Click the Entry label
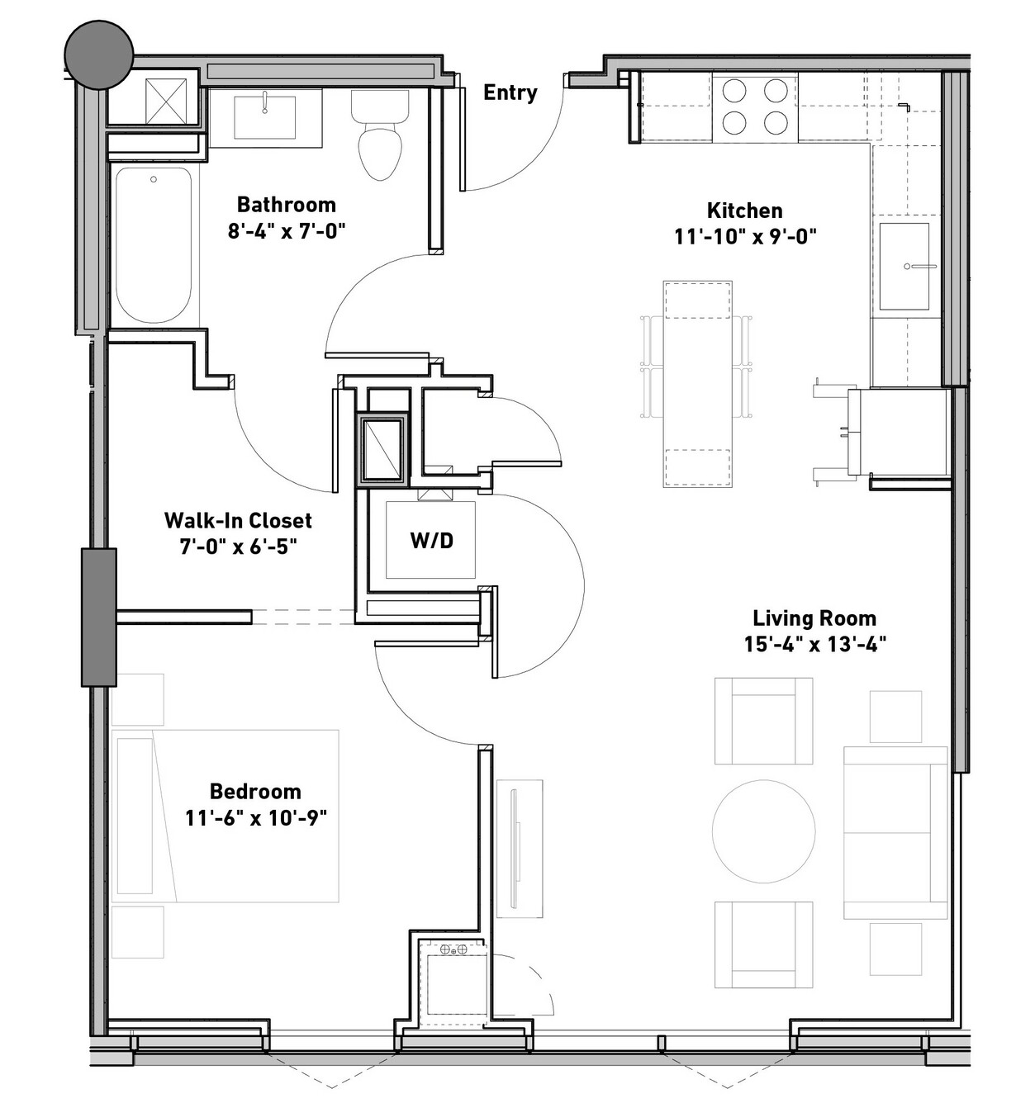pyautogui.click(x=510, y=92)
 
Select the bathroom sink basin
pyautogui.click(x=264, y=117)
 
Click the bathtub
pyautogui.click(x=154, y=245)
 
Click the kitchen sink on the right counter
pyautogui.click(x=904, y=266)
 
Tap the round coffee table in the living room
pyautogui.click(x=764, y=831)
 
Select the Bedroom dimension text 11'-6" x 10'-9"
pyautogui.click(x=256, y=818)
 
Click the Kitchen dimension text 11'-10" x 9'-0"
pyautogui.click(x=745, y=237)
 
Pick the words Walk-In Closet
pyautogui.click(x=238, y=520)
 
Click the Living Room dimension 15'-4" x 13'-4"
pyautogui.click(x=814, y=645)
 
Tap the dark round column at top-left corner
pyautogui.click(x=99, y=54)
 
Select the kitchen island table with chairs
pyautogui.click(x=697, y=384)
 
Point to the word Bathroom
pyautogui.click(x=287, y=205)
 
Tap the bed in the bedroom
pyautogui.click(x=226, y=817)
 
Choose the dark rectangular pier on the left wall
pyautogui.click(x=99, y=618)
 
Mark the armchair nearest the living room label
pyautogui.click(x=762, y=721)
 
